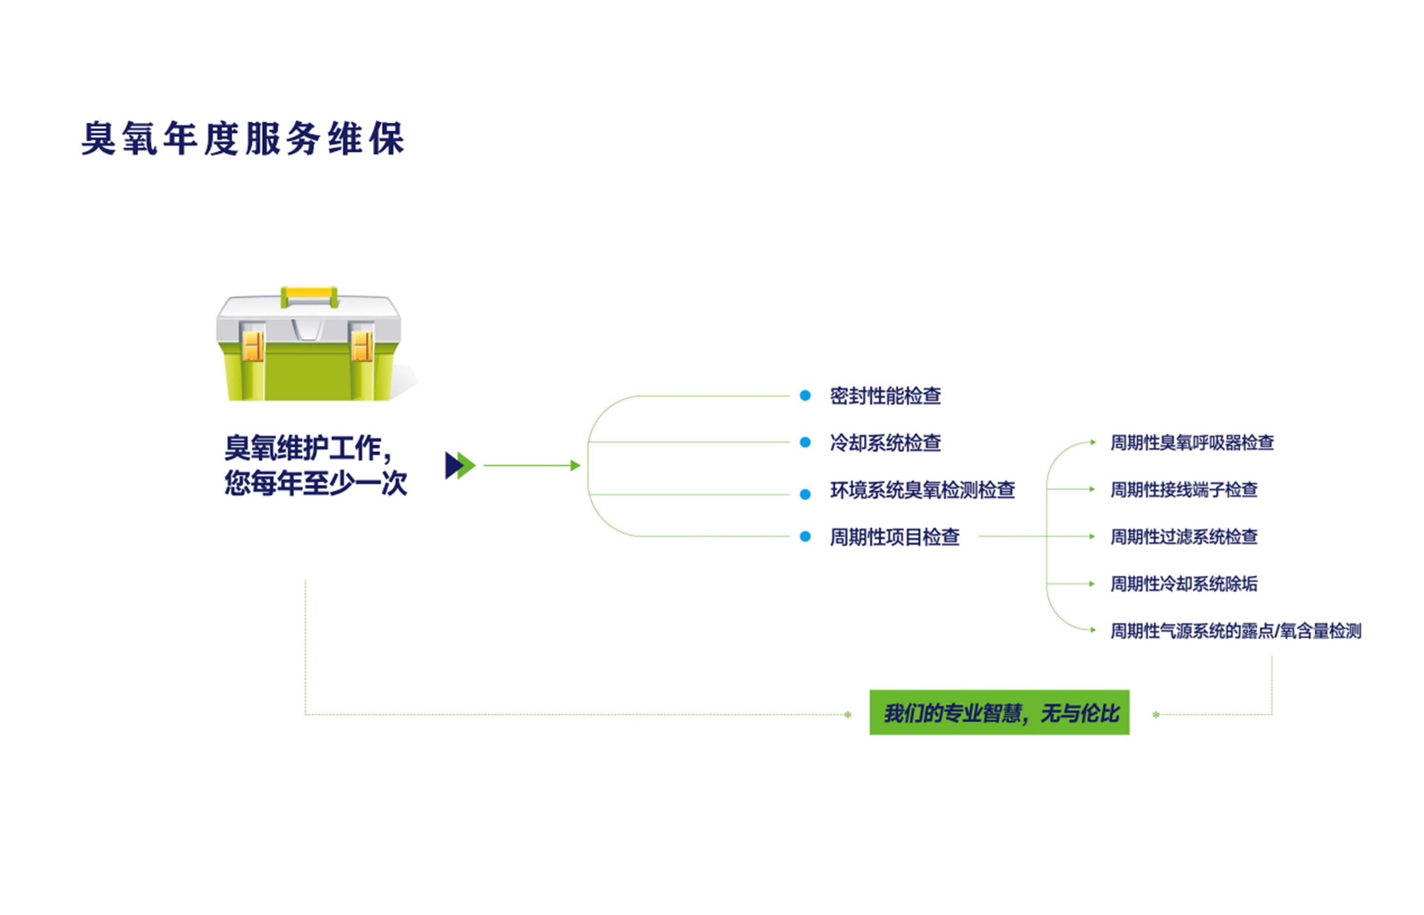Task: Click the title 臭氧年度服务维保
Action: tap(243, 139)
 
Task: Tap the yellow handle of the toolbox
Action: tap(309, 295)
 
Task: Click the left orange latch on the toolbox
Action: tap(252, 346)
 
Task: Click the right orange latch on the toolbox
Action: tap(361, 346)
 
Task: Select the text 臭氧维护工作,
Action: tap(309, 448)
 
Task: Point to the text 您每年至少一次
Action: tap(315, 483)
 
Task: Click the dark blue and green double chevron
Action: tap(460, 465)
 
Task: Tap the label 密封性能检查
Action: tap(885, 396)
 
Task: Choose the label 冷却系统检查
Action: tap(885, 443)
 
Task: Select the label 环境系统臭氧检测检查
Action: tap(922, 489)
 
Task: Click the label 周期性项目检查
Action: tap(894, 536)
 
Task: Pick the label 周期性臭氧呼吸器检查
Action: tap(1192, 443)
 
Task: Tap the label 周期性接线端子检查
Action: tap(1184, 489)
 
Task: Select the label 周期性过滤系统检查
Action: tap(1184, 536)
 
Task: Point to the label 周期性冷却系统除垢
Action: tap(1184, 584)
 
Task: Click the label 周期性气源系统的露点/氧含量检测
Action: tap(1236, 631)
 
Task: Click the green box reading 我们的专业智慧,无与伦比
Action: tap(999, 712)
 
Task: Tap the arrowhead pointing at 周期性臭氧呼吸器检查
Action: tap(1093, 442)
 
